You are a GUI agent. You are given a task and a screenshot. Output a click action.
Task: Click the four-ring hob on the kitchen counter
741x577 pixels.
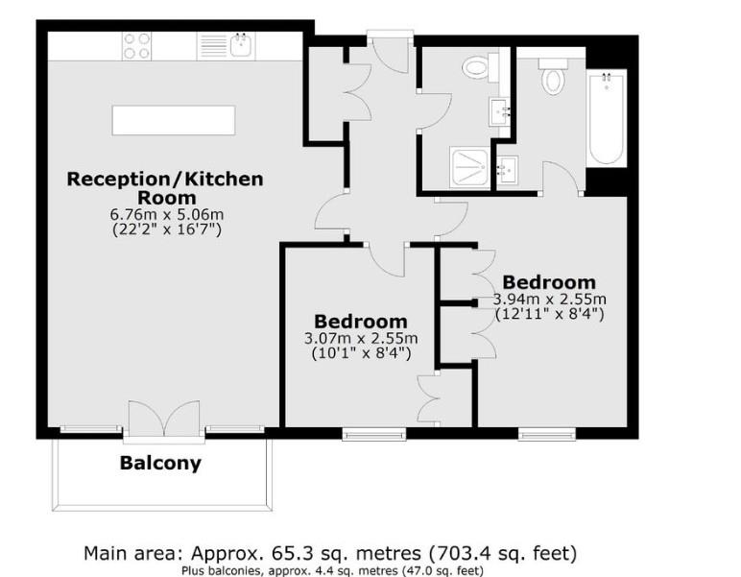click(x=136, y=45)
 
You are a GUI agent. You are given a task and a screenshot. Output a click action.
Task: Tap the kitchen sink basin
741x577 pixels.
click(x=240, y=44)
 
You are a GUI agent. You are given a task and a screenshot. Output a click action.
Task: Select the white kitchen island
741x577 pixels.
click(x=174, y=120)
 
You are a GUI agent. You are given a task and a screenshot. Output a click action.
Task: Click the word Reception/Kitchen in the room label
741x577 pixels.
click(x=164, y=179)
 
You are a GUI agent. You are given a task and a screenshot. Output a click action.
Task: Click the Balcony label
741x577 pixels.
click(x=160, y=463)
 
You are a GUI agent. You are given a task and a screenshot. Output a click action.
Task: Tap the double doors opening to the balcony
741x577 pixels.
click(x=164, y=419)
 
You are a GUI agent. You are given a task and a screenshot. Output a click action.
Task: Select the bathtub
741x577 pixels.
click(x=606, y=117)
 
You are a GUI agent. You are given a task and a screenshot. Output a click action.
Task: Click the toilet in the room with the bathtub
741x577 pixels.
click(x=554, y=77)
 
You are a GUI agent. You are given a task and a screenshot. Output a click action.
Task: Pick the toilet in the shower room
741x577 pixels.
click(x=477, y=67)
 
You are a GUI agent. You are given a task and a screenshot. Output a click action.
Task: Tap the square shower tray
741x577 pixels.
click(x=469, y=167)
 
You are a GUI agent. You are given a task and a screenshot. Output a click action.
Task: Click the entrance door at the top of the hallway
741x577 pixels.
click(x=391, y=50)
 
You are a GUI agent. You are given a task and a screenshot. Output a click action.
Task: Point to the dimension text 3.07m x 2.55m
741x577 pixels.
click(x=361, y=338)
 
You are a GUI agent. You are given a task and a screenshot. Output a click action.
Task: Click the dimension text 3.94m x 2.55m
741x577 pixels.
click(x=549, y=299)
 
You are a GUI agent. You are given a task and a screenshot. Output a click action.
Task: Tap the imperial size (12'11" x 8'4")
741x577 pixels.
click(x=549, y=313)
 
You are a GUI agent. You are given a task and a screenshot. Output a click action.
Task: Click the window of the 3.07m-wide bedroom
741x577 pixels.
click(x=374, y=434)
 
